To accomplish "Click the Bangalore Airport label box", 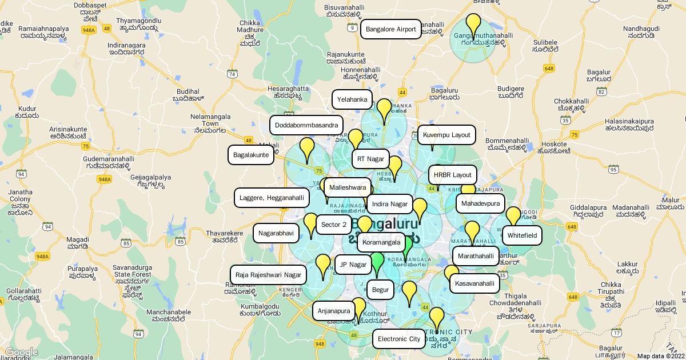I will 391,29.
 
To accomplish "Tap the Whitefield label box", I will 522,235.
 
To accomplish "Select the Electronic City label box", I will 399,339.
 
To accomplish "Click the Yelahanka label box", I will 352,99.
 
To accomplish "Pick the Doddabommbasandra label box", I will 306,125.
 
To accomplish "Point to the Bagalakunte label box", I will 252,155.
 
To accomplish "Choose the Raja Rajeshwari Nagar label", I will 268,275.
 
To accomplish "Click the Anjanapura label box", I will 334,311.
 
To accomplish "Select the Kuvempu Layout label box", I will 446,135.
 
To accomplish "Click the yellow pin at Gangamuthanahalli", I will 473,24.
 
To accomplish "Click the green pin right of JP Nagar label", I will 377,262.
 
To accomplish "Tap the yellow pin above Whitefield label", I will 513,215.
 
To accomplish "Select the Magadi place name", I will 77,243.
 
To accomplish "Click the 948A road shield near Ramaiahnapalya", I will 89,30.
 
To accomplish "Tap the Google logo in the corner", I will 22,353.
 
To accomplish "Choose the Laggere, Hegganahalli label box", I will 272,198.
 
